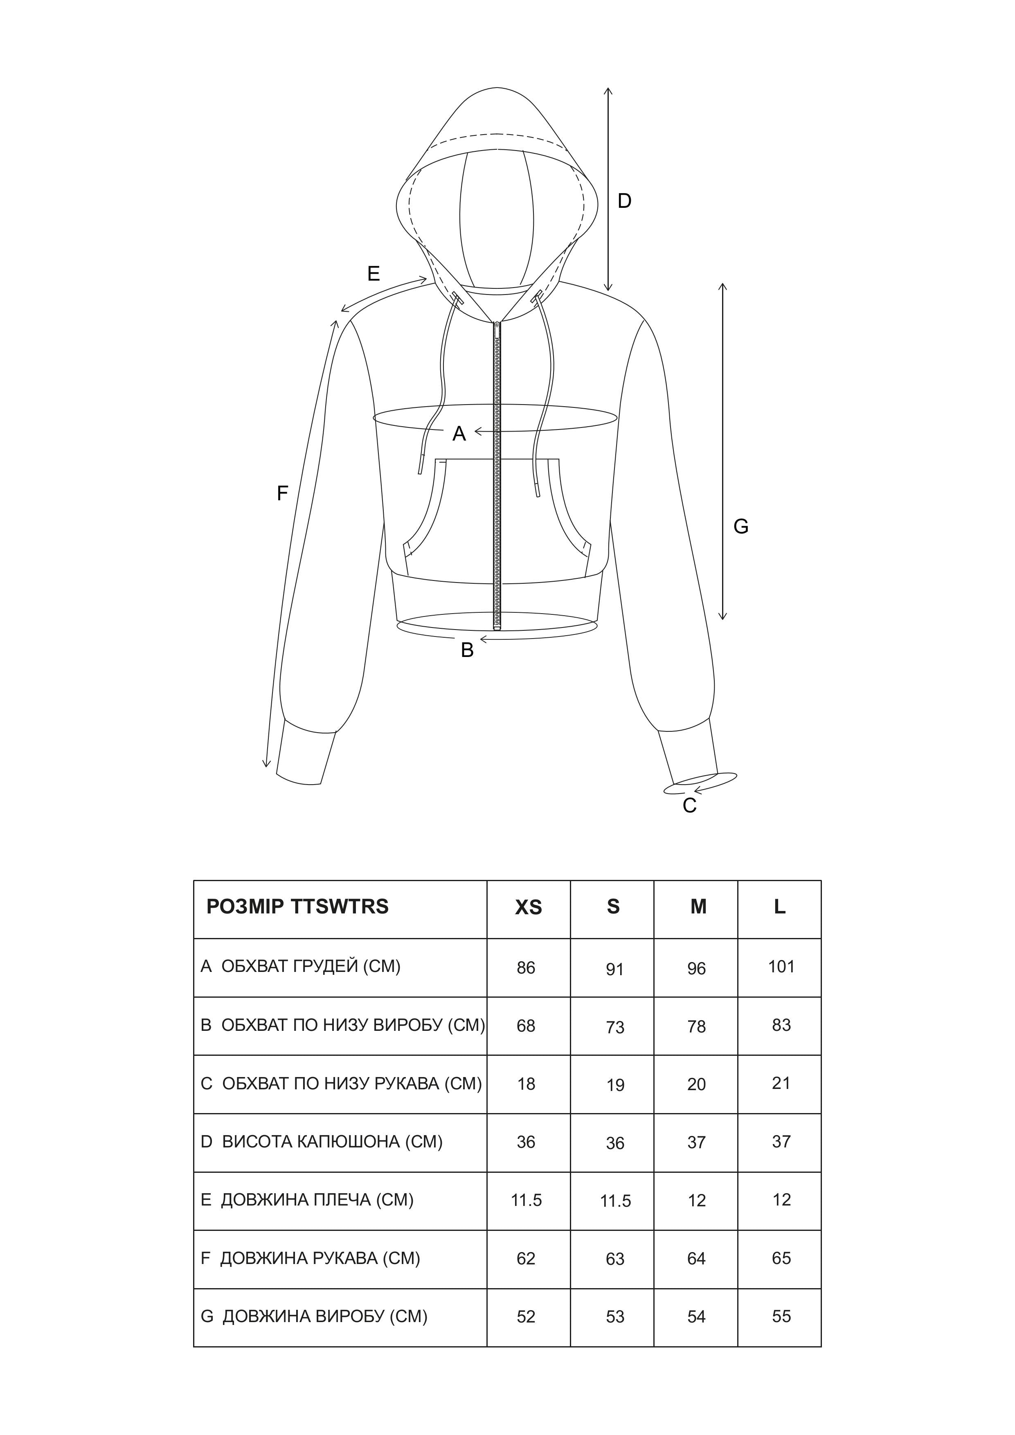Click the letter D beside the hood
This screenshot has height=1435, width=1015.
click(x=624, y=201)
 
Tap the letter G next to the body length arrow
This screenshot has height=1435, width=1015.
click(x=740, y=527)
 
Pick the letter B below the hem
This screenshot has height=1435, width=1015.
click(x=467, y=651)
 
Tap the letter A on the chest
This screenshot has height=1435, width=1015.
click(x=459, y=434)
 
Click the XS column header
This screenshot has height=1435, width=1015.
click(x=528, y=907)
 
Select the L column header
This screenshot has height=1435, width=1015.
click(x=779, y=907)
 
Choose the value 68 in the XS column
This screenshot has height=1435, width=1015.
click(x=526, y=1026)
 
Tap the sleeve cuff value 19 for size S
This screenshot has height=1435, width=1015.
click(x=615, y=1085)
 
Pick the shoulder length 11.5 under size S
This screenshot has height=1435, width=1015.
click(x=615, y=1201)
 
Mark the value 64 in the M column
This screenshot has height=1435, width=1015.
click(x=696, y=1259)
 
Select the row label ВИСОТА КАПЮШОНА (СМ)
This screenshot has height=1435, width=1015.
click(x=332, y=1142)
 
